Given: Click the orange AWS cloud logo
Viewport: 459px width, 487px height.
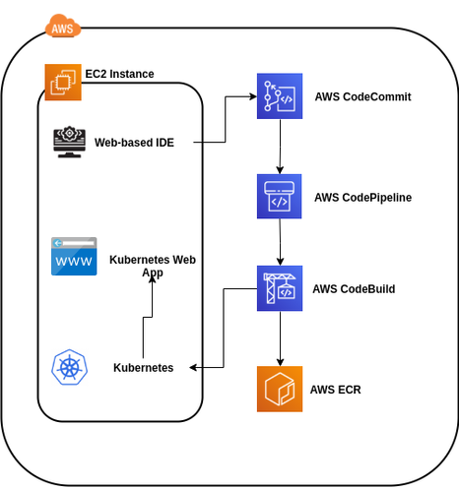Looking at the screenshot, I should click(x=61, y=28).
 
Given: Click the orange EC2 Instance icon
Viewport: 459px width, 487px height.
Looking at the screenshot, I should click(x=61, y=82).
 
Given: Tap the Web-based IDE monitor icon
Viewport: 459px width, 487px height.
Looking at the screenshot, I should click(x=69, y=143).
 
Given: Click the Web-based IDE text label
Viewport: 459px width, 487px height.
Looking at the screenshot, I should click(x=134, y=143).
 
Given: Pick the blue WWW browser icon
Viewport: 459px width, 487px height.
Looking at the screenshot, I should click(x=75, y=256).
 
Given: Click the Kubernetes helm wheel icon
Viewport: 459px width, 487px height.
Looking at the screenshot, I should click(x=71, y=368).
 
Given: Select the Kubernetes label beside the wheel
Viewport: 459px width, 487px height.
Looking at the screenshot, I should click(x=144, y=368).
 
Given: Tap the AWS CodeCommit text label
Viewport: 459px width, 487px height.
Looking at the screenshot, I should click(x=362, y=97).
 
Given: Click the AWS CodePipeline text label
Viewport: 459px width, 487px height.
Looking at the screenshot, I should click(x=362, y=197).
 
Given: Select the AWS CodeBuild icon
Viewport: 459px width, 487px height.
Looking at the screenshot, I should click(x=280, y=288).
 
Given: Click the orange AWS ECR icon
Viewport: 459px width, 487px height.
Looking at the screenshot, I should click(x=280, y=389).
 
